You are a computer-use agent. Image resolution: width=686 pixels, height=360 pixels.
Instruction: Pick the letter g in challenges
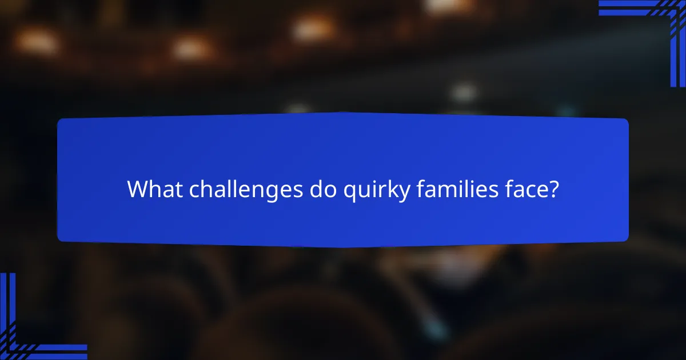click(x=273, y=193)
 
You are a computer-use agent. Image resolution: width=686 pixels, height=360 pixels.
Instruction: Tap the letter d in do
click(x=316, y=190)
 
